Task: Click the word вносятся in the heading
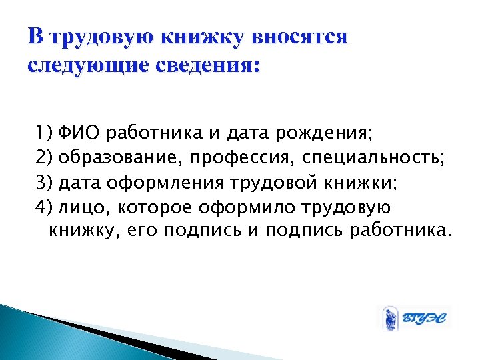(x=300, y=37)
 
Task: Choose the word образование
(x=123, y=156)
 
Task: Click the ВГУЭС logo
(x=414, y=319)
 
